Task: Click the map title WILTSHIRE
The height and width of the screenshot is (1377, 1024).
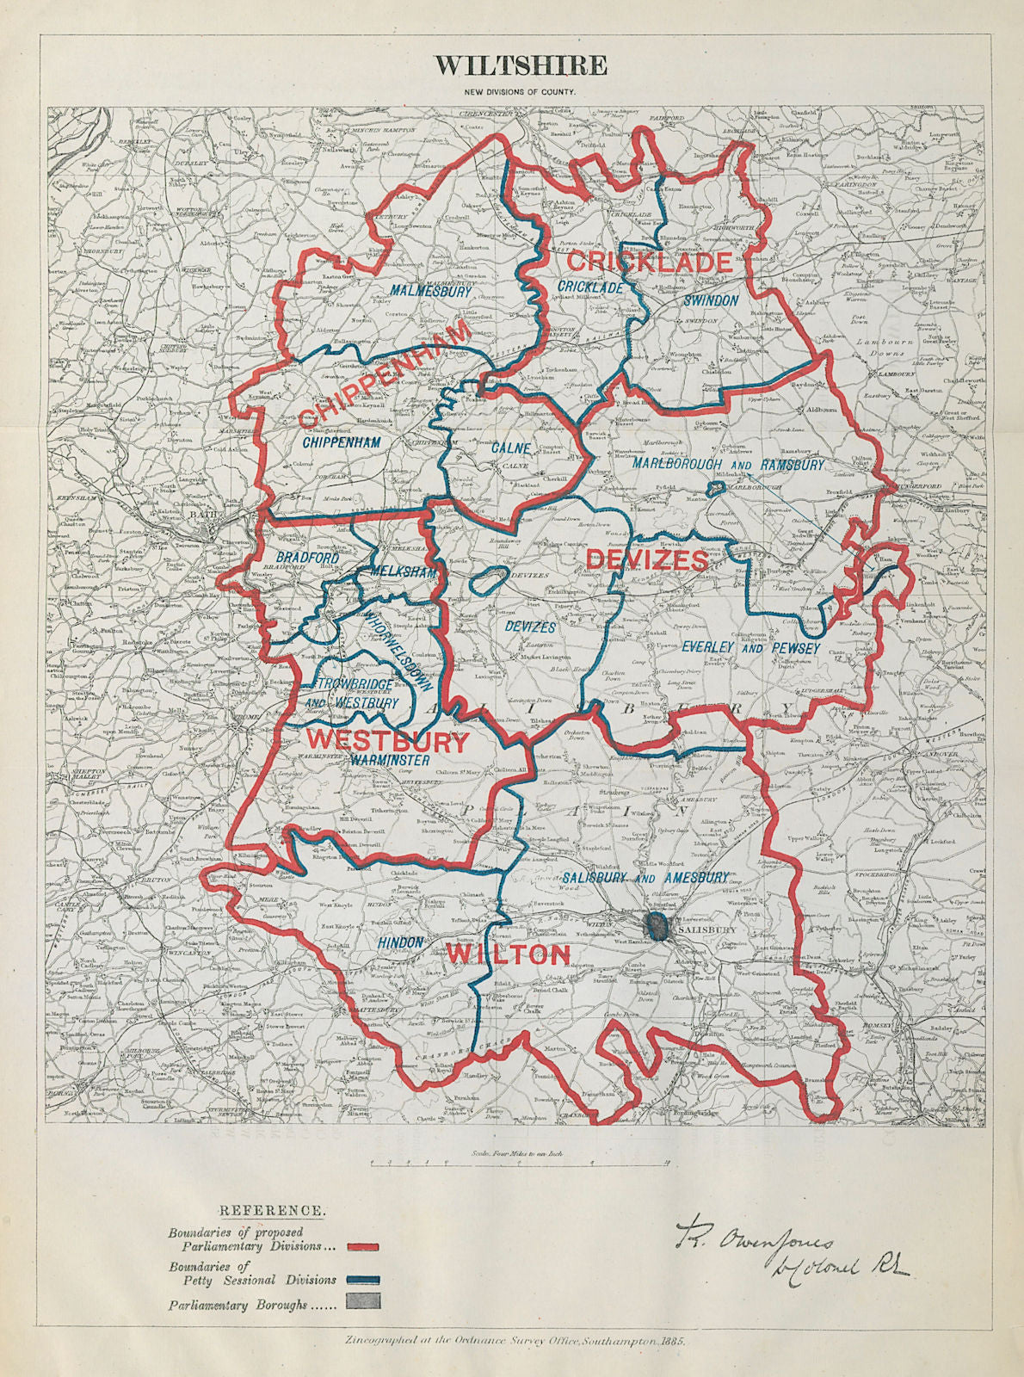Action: (520, 66)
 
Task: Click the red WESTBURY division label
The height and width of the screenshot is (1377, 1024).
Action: (387, 739)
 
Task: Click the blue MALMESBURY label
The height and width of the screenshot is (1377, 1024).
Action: (430, 291)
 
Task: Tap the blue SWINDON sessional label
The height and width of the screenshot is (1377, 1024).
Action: (711, 300)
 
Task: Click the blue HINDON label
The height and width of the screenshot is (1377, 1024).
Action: (400, 942)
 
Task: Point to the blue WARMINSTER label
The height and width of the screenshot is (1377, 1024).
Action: (390, 761)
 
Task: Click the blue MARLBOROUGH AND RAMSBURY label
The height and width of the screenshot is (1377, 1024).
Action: (728, 465)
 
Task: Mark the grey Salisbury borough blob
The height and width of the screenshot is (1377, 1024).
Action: (656, 927)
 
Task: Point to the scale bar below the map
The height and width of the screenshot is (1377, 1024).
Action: (517, 1163)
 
